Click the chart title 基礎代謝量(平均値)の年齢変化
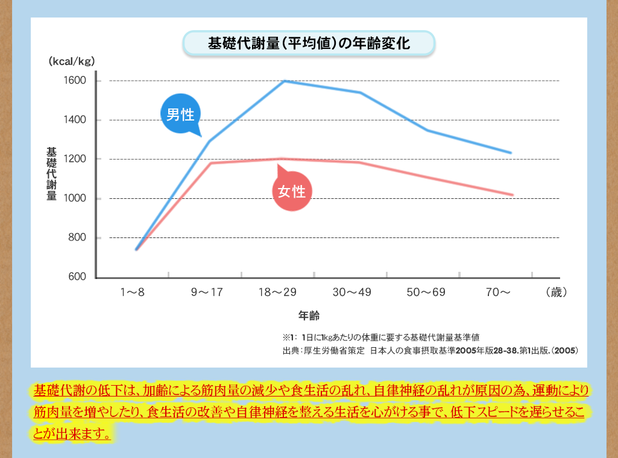309,44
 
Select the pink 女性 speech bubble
292,192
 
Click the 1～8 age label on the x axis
132,292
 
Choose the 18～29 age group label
277,292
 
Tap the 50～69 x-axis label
426,292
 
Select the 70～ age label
499,292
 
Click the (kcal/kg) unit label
72,61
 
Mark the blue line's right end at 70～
511,153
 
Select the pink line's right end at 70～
512,195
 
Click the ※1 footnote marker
287,337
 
